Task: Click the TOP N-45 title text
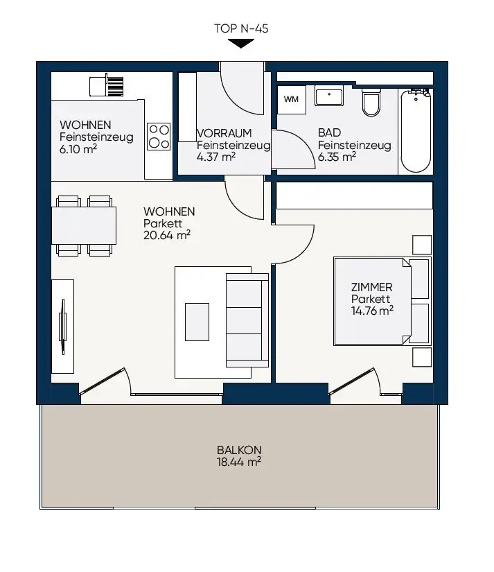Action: (x=242, y=29)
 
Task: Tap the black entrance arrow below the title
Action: (x=240, y=44)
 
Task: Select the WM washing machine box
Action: (x=292, y=99)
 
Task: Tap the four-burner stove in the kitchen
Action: (x=159, y=136)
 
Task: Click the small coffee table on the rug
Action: (x=197, y=322)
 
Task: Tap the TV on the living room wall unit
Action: (x=63, y=325)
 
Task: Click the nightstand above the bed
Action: (x=421, y=245)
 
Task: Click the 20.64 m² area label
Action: (x=167, y=235)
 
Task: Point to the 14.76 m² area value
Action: (x=372, y=311)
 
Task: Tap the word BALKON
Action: (x=238, y=449)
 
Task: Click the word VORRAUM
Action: (x=224, y=133)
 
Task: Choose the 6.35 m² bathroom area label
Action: (x=337, y=157)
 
